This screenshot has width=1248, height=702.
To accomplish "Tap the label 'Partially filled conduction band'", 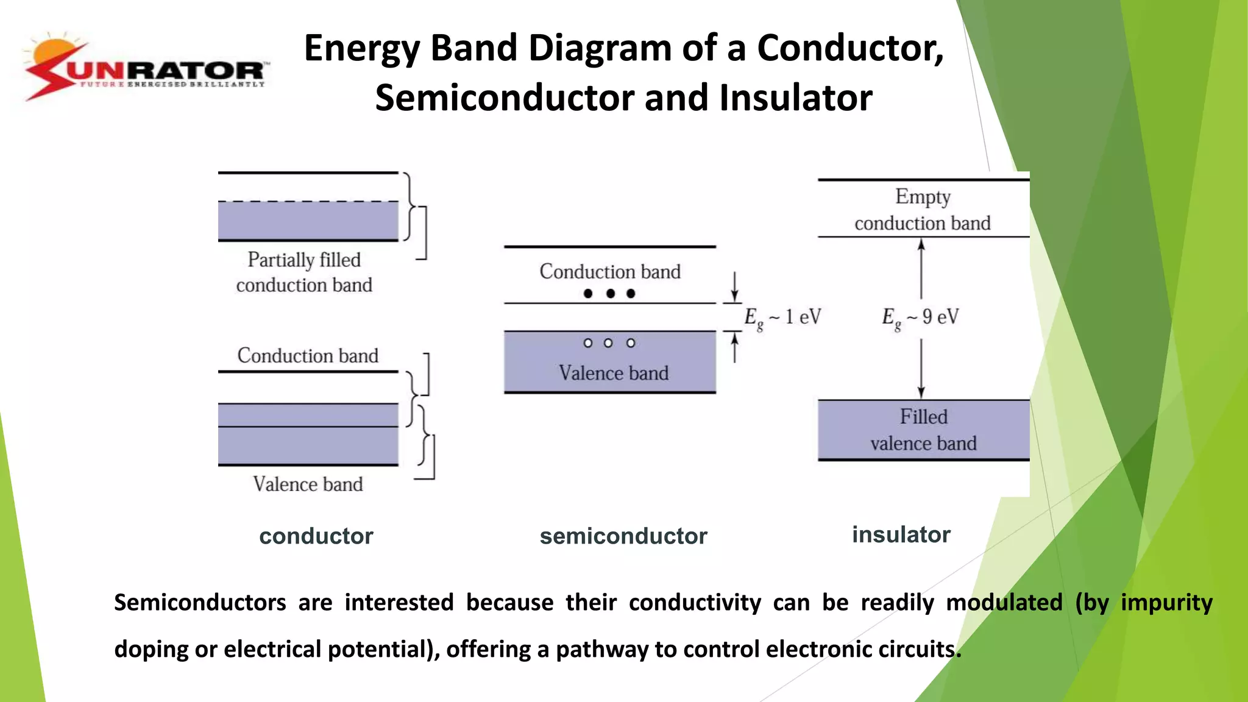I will [304, 272].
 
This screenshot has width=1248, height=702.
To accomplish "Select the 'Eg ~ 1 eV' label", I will [782, 317].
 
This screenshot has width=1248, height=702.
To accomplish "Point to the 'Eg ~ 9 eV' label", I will [920, 317].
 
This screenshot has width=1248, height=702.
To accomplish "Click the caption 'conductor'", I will [316, 536].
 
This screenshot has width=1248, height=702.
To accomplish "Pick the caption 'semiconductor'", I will [623, 536].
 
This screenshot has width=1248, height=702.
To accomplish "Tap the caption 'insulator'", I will [901, 534].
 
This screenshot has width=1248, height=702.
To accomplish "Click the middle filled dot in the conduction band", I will [610, 294].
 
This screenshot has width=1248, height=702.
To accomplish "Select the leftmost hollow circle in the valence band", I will [588, 343].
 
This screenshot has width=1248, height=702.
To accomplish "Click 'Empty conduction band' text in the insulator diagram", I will [922, 210].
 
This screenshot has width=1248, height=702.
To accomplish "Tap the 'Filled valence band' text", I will [923, 430].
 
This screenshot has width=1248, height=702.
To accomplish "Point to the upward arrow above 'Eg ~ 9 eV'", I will [921, 268].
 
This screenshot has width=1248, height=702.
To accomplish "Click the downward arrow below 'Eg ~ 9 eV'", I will [921, 369].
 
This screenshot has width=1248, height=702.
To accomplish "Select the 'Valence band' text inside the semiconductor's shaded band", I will [613, 373].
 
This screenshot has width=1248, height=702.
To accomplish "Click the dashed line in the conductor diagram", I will [308, 201].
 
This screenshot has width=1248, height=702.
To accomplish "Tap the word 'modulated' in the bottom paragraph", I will [1004, 603].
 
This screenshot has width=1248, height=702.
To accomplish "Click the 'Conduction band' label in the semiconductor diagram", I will [610, 272].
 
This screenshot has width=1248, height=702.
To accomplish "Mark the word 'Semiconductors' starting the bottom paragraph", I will [200, 603].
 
